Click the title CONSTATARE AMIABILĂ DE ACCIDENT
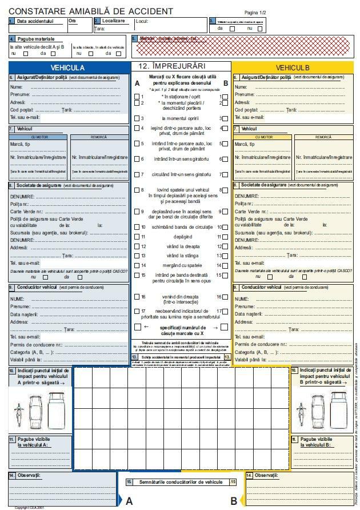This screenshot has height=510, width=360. click(91, 11)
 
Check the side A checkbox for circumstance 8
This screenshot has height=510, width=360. click(137, 190)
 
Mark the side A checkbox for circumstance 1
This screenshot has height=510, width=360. click(137, 97)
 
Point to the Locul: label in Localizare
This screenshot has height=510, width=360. click(142, 21)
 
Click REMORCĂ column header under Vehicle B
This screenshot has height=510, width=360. click(322, 137)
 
